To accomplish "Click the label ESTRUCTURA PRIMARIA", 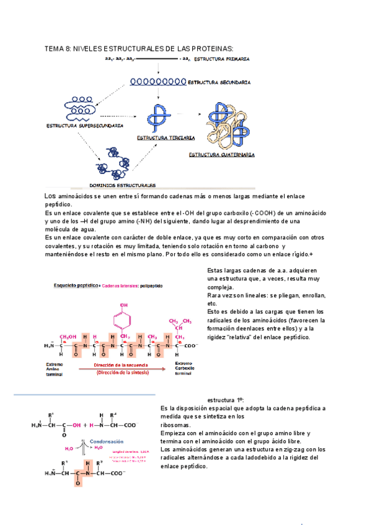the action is point(221,59).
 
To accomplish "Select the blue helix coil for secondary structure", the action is point(157,81).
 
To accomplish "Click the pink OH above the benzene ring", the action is point(124,306).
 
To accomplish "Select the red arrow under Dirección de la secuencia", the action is point(121,370).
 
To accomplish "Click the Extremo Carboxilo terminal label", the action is point(185,368).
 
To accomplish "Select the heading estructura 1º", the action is point(225,401).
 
